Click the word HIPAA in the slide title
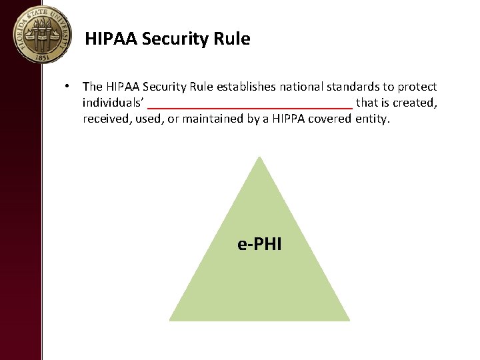111,39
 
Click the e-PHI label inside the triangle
259,244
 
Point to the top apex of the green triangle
259,157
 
